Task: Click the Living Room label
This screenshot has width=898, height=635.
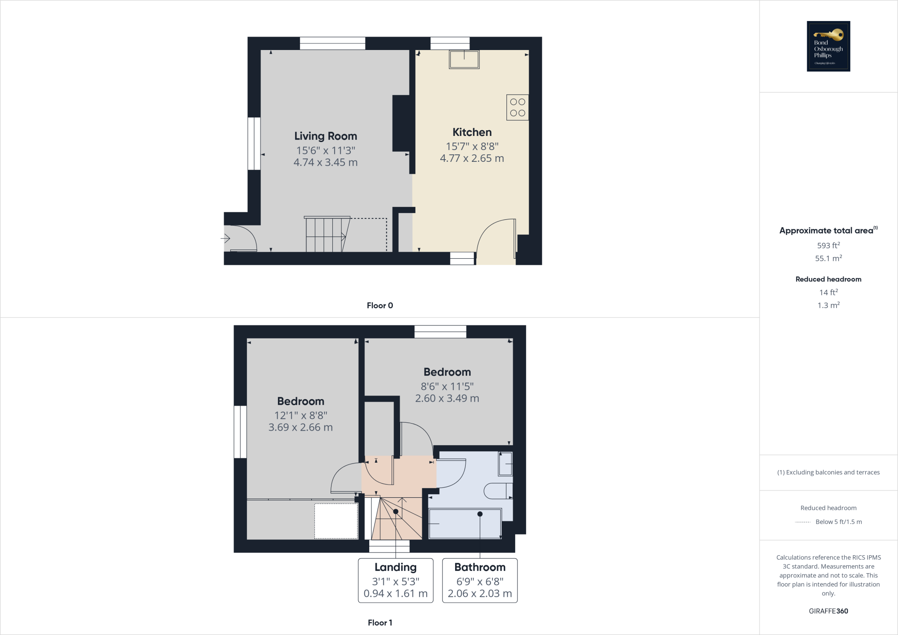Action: (325, 136)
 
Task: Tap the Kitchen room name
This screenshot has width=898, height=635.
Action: (472, 132)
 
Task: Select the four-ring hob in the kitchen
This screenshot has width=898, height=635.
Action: (517, 107)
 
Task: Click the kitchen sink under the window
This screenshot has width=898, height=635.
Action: (464, 60)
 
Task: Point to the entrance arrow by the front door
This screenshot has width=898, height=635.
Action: (225, 239)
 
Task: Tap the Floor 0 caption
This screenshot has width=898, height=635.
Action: (380, 306)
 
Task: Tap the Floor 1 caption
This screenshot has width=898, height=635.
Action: (380, 623)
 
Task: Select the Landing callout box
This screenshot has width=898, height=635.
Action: (396, 580)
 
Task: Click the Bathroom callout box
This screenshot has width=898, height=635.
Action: (480, 580)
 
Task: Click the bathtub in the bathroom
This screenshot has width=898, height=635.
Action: (465, 524)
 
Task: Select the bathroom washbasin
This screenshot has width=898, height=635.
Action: (505, 464)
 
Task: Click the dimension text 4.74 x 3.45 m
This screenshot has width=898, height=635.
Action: (325, 162)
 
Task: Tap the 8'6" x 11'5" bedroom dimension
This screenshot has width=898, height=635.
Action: (447, 386)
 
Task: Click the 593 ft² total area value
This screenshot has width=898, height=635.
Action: (828, 246)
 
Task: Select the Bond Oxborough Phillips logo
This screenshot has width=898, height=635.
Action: (828, 46)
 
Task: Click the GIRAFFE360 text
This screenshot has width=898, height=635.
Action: (828, 611)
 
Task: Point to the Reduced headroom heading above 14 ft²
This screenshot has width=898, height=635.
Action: (828, 279)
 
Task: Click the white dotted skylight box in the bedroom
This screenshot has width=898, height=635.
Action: (336, 521)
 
